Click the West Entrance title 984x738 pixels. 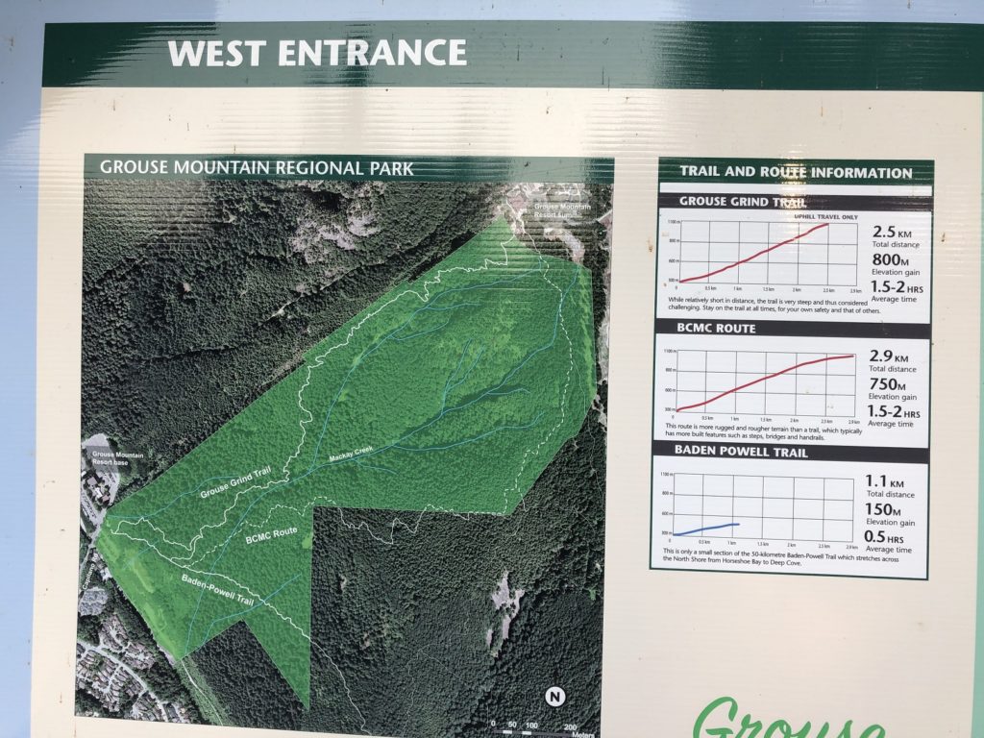(317, 53)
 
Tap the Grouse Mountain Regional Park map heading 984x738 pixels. (257, 168)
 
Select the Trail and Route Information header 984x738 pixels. (796, 173)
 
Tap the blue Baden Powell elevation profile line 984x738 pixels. (707, 528)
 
